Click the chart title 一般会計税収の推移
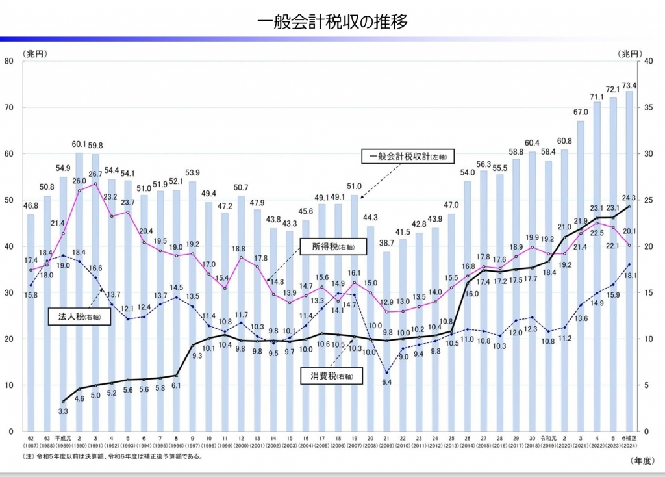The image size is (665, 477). pos(332,21)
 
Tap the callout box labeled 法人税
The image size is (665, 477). pos(79,316)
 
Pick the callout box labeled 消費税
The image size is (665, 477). pos(328,375)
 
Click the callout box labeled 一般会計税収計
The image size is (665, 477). pos(407,156)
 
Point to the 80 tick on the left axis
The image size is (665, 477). pos(9,61)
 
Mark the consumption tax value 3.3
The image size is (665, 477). pos(64,411)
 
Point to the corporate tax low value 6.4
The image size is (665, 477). pos(387,381)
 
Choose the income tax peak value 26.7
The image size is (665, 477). pos(95,174)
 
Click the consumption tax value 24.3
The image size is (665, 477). pos(628,197)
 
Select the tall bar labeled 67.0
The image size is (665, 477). pos(581,273)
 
